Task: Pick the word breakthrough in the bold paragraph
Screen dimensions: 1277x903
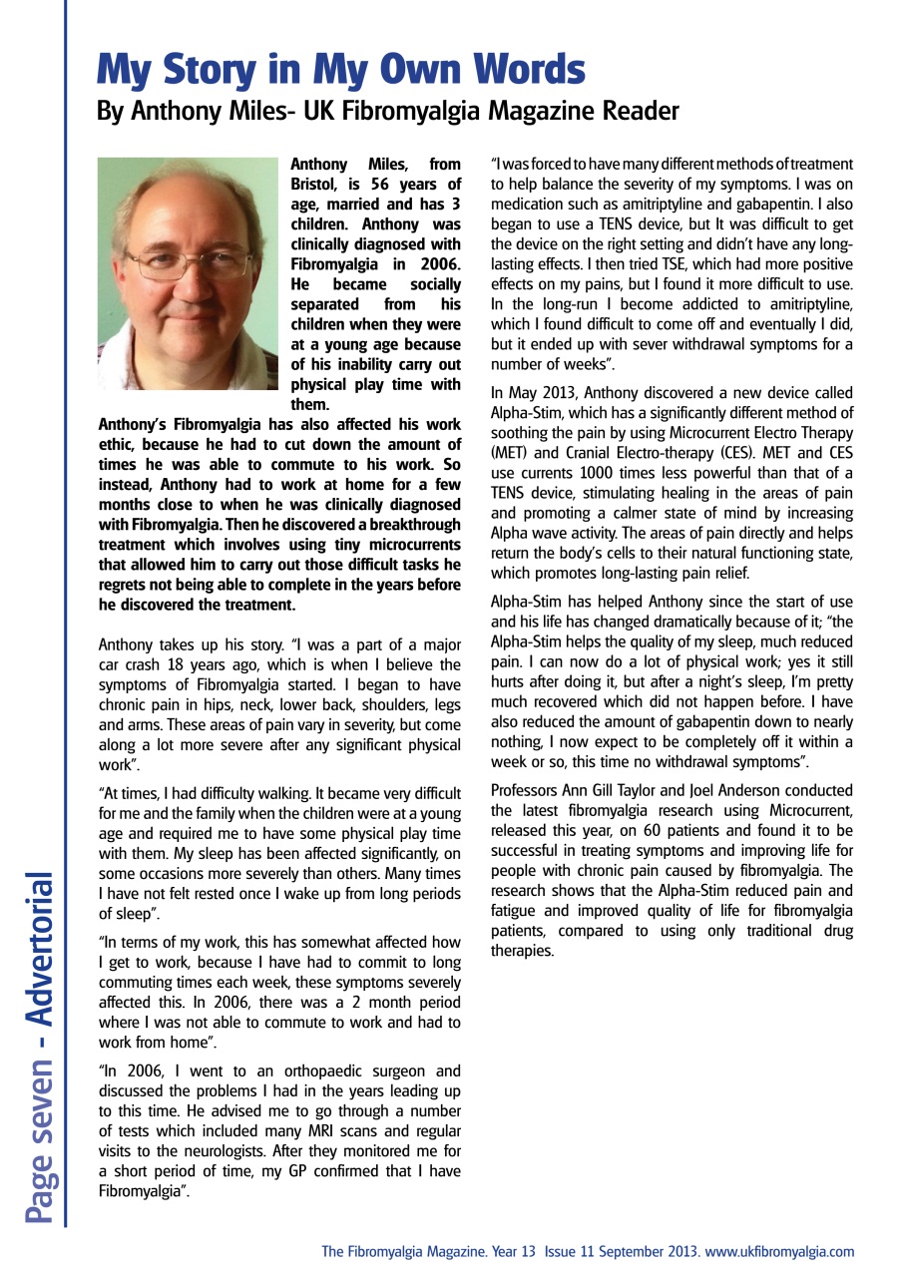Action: point(416,525)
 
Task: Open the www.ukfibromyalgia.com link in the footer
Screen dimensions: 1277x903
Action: point(779,1251)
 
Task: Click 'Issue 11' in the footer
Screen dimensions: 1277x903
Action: point(572,1251)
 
